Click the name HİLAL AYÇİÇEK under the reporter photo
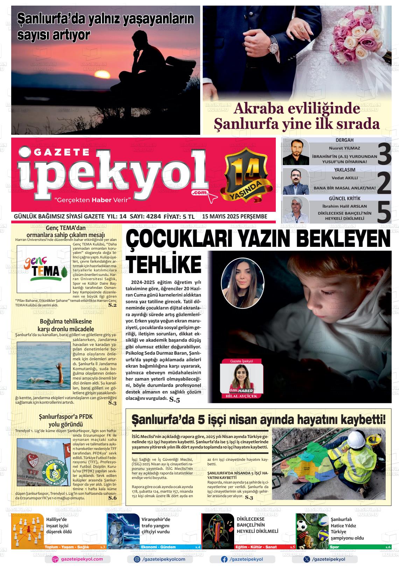click(241, 396)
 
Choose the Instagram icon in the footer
click(137, 559)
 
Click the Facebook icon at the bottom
click(224, 559)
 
